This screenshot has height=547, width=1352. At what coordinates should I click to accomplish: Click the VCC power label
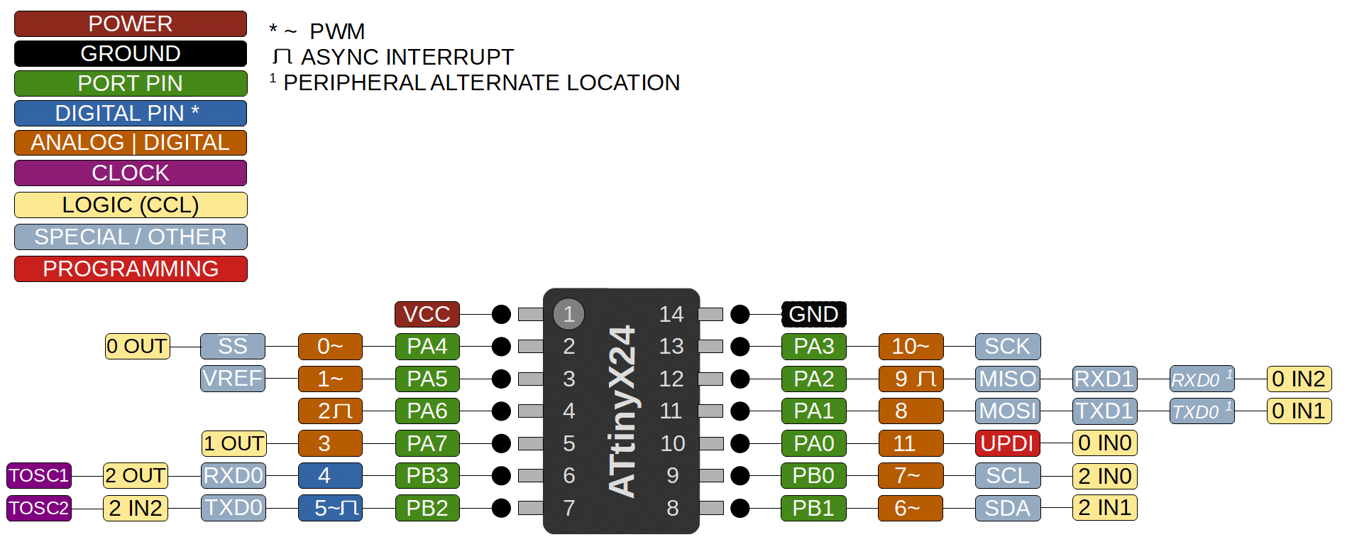(427, 314)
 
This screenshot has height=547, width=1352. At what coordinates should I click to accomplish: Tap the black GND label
(813, 314)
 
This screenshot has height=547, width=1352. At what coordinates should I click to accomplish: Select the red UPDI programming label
(1007, 443)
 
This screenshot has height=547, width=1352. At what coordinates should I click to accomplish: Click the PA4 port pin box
(427, 347)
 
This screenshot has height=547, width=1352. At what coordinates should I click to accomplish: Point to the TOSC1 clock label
(39, 475)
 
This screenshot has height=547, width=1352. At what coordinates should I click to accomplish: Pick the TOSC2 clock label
(39, 508)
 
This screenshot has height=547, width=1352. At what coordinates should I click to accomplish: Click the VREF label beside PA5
(232, 379)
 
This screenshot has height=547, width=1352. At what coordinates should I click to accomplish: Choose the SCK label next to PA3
(1007, 347)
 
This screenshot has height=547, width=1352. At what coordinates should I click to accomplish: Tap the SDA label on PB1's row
(1007, 508)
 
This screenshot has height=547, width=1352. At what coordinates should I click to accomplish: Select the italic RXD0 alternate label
(1201, 379)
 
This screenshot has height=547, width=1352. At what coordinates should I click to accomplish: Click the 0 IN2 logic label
(1298, 379)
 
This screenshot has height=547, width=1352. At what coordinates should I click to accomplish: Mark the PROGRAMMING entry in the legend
(131, 269)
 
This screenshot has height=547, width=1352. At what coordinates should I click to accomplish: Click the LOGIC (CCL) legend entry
(131, 205)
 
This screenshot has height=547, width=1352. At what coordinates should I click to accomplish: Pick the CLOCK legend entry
(131, 173)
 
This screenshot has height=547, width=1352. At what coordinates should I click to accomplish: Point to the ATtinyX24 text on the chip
(622, 411)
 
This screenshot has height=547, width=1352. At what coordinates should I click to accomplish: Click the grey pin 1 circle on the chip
(568, 314)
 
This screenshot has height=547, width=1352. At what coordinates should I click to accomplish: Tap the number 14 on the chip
(671, 314)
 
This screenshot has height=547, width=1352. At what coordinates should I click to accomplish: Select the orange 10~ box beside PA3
(911, 347)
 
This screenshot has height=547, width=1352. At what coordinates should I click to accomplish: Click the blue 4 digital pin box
(330, 475)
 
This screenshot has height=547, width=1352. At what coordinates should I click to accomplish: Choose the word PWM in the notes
(337, 31)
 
